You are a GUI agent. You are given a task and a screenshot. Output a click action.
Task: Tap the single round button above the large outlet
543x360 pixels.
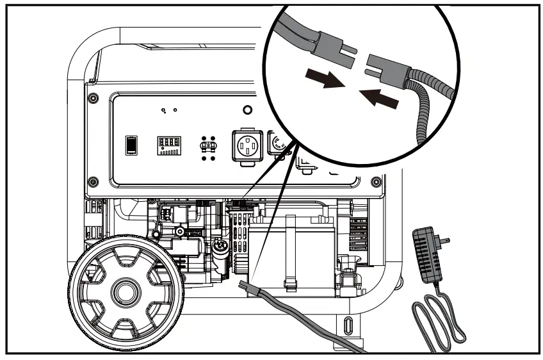(x=248, y=110)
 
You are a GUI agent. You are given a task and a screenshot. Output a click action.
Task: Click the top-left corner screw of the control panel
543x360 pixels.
(x=94, y=97)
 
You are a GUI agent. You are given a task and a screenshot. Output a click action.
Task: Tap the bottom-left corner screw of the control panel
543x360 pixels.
(x=94, y=180)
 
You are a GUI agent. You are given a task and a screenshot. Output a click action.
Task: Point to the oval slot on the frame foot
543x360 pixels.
(x=347, y=324)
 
